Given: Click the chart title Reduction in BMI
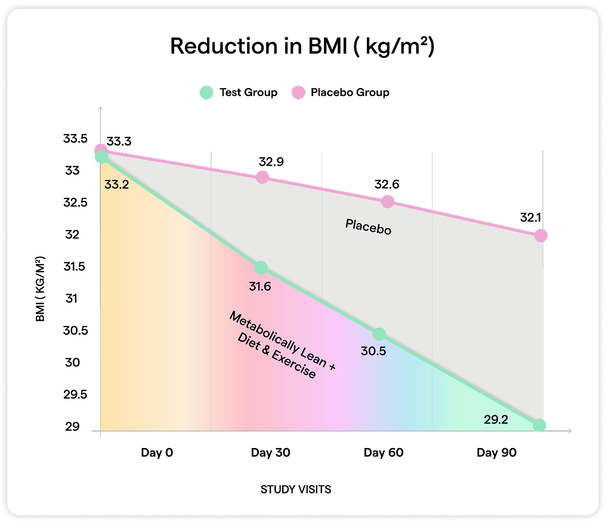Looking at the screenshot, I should pyautogui.click(x=302, y=46).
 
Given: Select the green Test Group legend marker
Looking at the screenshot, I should pyautogui.click(x=206, y=92).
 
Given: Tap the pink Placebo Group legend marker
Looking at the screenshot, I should pyautogui.click(x=298, y=92).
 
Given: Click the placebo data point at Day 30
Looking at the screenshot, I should pyautogui.click(x=262, y=177).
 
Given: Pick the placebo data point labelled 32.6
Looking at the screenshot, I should pyautogui.click(x=388, y=201).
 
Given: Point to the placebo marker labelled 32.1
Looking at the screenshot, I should pyautogui.click(x=540, y=235).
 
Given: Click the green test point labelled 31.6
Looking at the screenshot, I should pyautogui.click(x=261, y=268).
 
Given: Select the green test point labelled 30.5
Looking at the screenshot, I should pyautogui.click(x=379, y=334).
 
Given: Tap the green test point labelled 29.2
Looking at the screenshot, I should pyautogui.click(x=539, y=425).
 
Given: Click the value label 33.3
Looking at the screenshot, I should pyautogui.click(x=119, y=142).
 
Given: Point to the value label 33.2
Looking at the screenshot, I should pyautogui.click(x=116, y=185).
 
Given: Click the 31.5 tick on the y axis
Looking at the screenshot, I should pyautogui.click(x=75, y=266).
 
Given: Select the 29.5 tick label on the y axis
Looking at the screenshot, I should pyautogui.click(x=75, y=395).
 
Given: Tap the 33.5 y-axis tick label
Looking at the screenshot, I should pyautogui.click(x=75, y=139).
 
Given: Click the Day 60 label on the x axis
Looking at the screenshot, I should pyautogui.click(x=384, y=453).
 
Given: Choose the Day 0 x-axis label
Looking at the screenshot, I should pyautogui.click(x=157, y=453).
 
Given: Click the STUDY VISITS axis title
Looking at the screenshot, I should pyautogui.click(x=296, y=490).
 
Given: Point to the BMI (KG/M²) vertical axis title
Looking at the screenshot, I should pyautogui.click(x=41, y=290).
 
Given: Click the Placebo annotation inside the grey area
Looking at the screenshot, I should pyautogui.click(x=369, y=226).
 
